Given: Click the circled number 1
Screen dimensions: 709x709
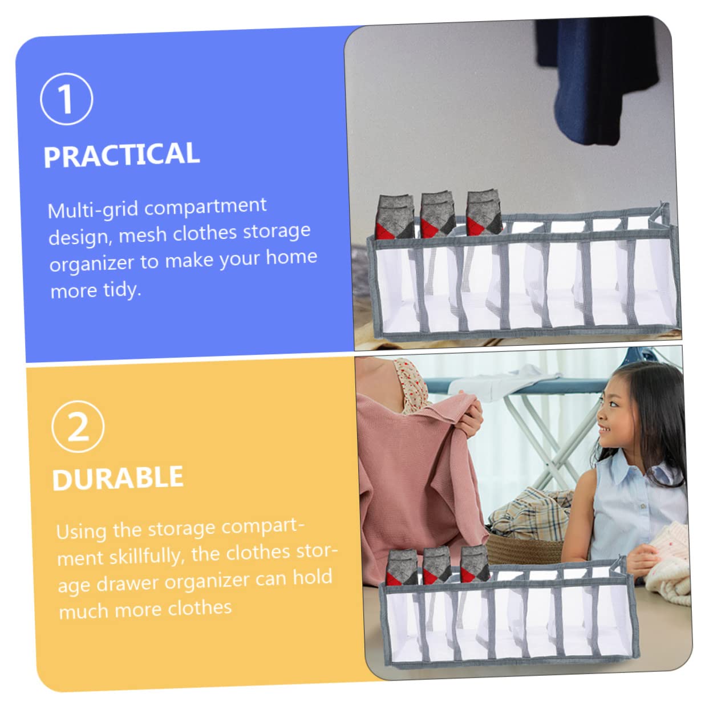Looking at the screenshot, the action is tap(66, 99).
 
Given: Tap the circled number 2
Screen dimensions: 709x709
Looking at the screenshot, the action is tap(78, 427).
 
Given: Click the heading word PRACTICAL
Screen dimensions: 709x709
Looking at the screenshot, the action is tap(121, 155).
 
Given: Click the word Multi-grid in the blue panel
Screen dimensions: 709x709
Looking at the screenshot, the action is tap(94, 210).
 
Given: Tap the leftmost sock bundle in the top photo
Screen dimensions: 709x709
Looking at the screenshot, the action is tap(394, 217).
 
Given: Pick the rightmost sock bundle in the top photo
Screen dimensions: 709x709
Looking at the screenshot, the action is tap(484, 213).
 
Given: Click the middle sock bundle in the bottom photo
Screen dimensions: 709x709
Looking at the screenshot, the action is tap(437, 565).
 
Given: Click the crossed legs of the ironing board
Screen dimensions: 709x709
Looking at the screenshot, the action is tap(552, 441).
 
